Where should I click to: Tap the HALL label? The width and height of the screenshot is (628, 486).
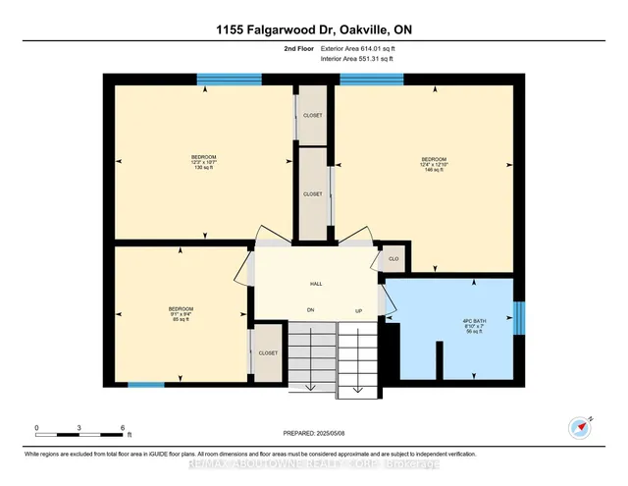(x=316, y=284)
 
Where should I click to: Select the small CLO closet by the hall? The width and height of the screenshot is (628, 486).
(x=392, y=259)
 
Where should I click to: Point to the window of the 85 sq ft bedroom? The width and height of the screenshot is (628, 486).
(x=146, y=385)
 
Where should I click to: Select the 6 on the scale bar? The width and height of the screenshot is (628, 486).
(x=123, y=428)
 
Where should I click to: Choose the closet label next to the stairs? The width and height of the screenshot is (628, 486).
(x=268, y=352)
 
